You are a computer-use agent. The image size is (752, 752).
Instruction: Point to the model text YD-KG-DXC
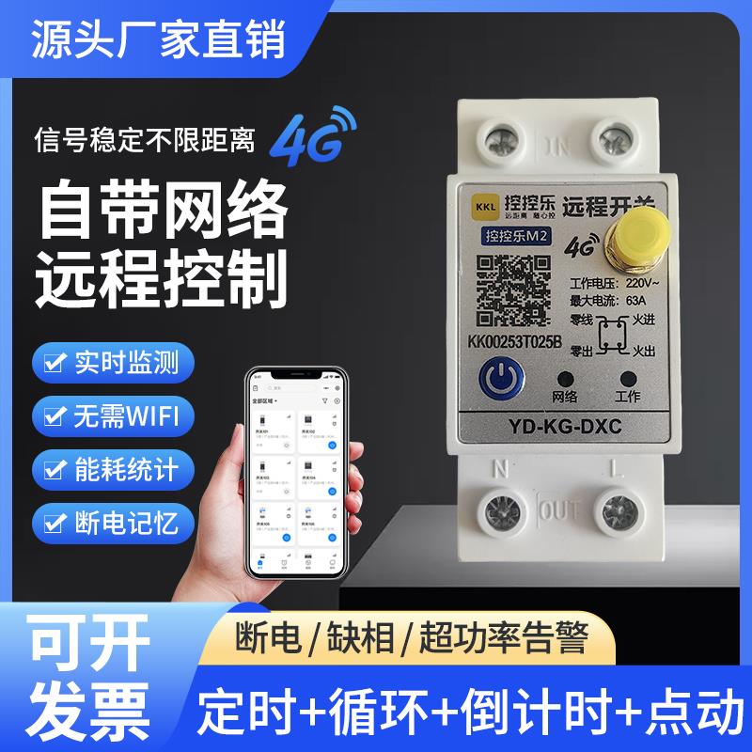pos(563,425)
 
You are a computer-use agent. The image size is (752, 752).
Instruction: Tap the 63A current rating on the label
pos(635,300)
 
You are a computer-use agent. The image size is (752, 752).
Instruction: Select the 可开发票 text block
pos(90,672)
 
